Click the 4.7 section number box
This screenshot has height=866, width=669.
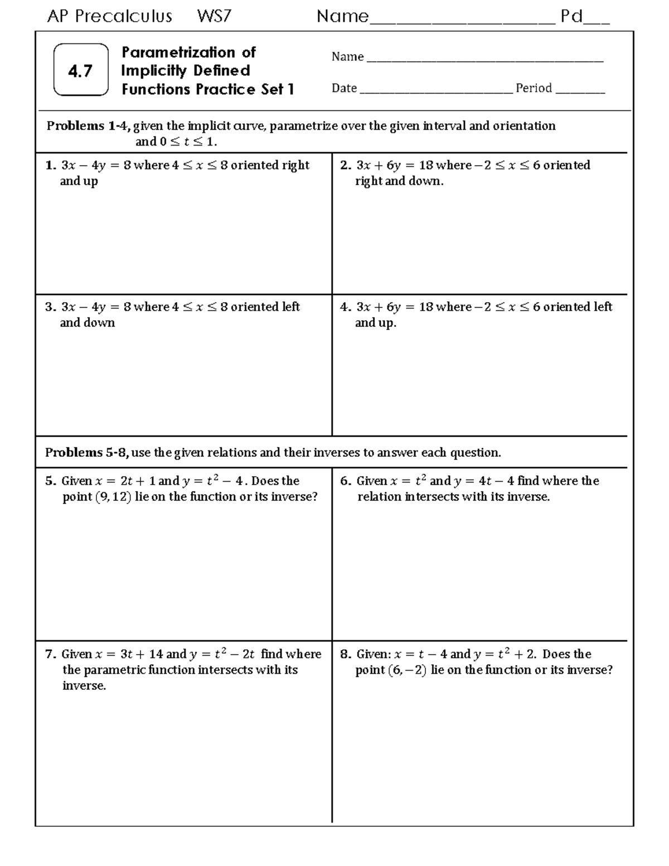tap(81, 70)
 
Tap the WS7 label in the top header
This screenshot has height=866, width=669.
tap(214, 17)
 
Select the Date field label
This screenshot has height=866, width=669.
tap(344, 88)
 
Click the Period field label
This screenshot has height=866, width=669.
tap(534, 88)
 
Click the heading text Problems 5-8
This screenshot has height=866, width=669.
tap(87, 453)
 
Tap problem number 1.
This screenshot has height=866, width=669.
tap(51, 166)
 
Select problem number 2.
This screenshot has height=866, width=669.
tap(345, 166)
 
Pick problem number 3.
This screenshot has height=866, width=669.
tap(51, 307)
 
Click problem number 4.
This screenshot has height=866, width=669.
tap(345, 307)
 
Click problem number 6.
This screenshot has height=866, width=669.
tap(345, 481)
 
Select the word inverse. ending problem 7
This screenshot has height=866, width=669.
tap(84, 686)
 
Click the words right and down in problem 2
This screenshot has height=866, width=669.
tap(399, 181)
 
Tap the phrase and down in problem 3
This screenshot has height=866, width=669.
tap(87, 323)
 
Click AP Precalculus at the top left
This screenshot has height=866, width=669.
tap(109, 17)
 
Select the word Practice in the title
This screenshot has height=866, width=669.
tap(226, 89)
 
